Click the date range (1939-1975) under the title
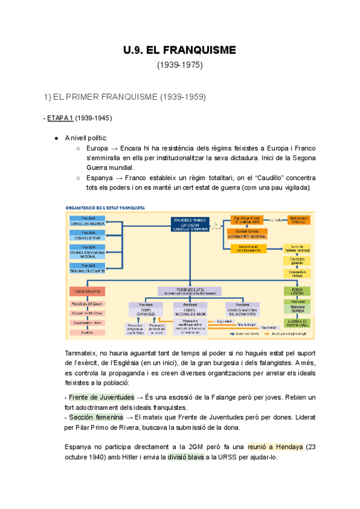pyautogui.click(x=180, y=64)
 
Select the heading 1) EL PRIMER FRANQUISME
pyautogui.click(x=125, y=96)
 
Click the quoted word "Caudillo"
pyautogui.click(x=263, y=178)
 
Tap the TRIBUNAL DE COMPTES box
pyautogui.click(x=87, y=268)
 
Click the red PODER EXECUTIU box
pyautogui.click(x=87, y=291)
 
